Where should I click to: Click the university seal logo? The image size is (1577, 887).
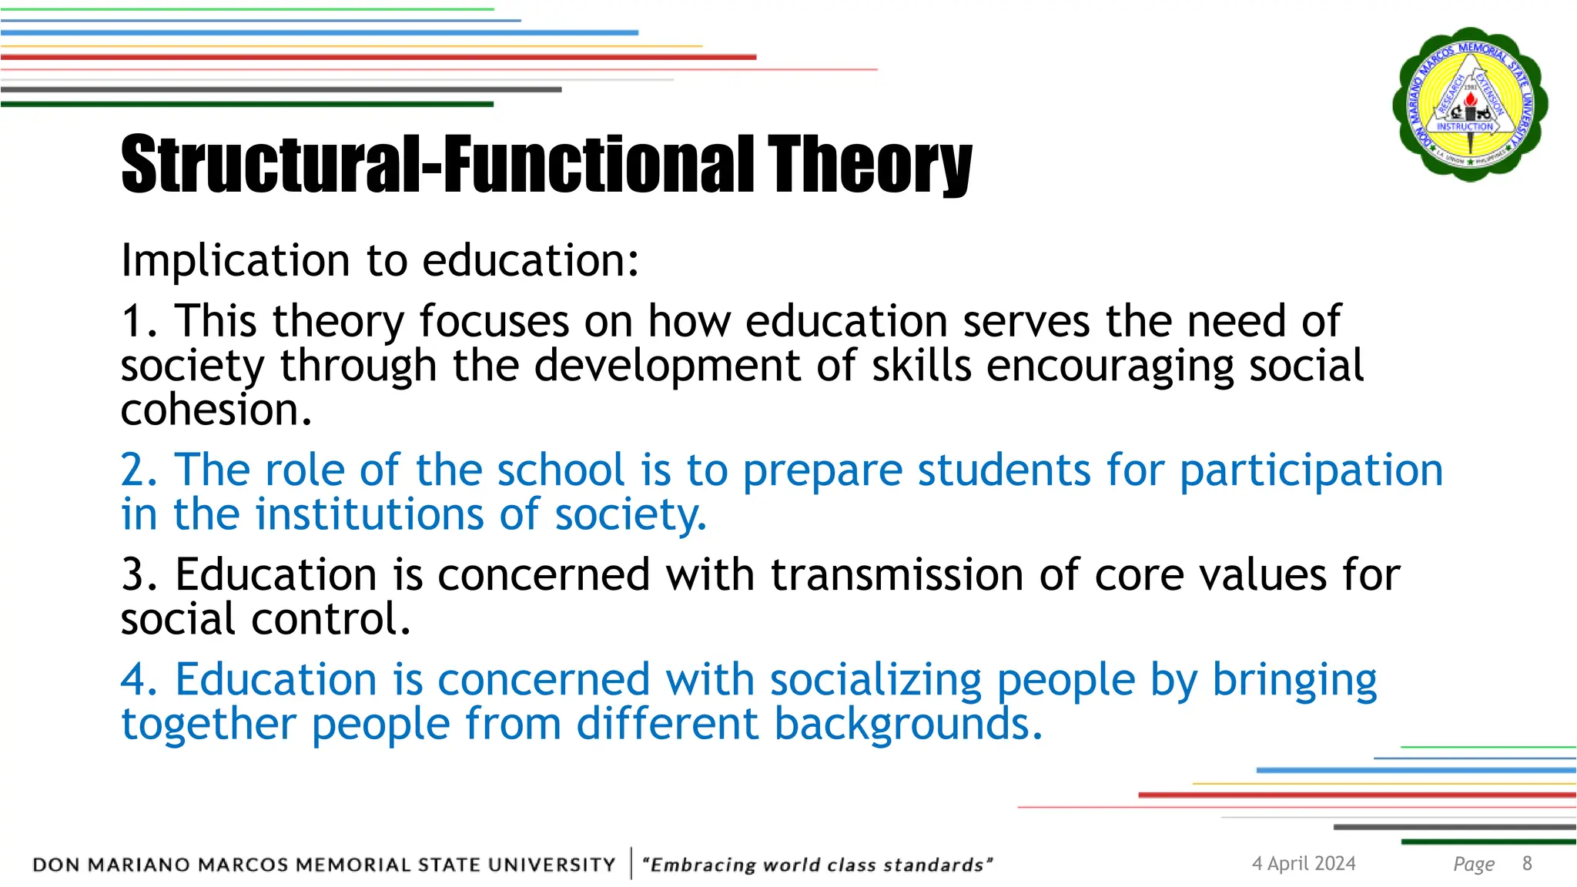(x=1470, y=104)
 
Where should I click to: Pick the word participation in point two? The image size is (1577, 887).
(x=1311, y=470)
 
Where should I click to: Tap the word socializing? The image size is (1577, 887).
(x=876, y=680)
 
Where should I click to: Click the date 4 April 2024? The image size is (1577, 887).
(x=1303, y=864)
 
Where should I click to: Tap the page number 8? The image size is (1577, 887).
(x=1527, y=864)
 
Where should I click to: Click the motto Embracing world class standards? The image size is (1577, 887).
(x=817, y=865)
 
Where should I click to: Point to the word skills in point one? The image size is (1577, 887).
(x=921, y=366)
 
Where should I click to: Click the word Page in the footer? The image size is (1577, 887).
(x=1473, y=865)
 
